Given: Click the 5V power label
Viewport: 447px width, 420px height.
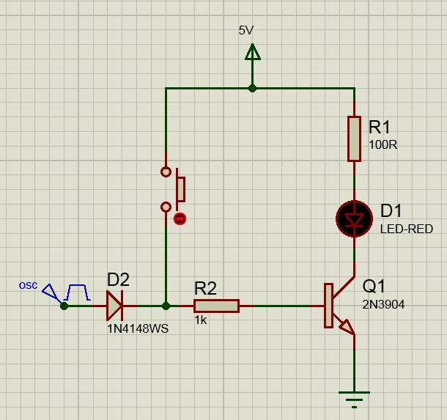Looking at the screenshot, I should (x=246, y=30).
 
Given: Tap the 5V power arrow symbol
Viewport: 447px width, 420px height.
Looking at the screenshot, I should (x=252, y=53).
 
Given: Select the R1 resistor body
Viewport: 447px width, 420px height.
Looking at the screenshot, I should (x=354, y=139).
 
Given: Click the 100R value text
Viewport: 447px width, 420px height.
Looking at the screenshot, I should (x=383, y=144).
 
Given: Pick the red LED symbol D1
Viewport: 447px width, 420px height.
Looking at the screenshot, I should (x=354, y=219).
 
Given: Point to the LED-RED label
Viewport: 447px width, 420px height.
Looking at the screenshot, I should (x=406, y=229).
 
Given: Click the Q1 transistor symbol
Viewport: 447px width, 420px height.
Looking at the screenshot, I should (x=336, y=306).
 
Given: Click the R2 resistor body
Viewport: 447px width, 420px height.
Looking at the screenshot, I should (x=217, y=306).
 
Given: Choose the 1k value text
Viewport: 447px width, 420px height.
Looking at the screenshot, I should (x=201, y=320).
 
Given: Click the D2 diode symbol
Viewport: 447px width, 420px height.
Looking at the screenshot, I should (x=114, y=306).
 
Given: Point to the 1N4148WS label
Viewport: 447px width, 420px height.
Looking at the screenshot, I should (x=138, y=328).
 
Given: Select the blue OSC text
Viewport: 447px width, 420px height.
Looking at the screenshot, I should (x=28, y=285).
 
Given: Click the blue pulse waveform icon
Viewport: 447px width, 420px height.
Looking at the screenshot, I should (x=78, y=292).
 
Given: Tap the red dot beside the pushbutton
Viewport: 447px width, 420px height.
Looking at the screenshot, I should (x=179, y=218).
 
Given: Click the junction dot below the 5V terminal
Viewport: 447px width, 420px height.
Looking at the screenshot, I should (x=252, y=88).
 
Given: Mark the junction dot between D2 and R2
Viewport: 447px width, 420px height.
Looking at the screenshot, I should (x=166, y=306).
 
